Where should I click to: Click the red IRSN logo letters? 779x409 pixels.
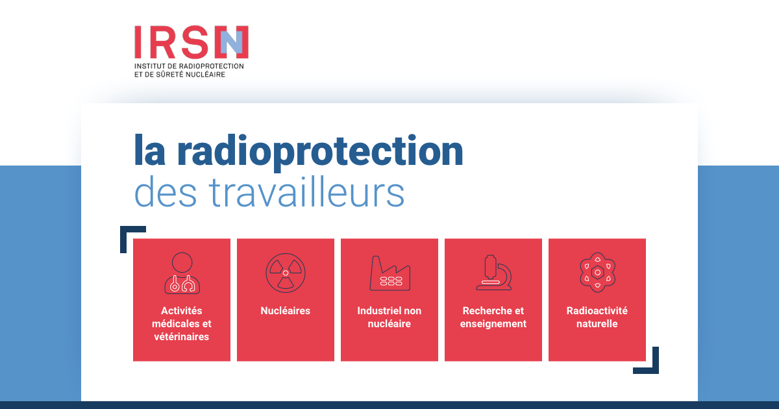175,42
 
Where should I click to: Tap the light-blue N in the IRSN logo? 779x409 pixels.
232,42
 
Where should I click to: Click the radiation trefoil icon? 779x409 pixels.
285,272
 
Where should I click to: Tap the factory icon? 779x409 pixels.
389,273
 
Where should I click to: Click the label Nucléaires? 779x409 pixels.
285,311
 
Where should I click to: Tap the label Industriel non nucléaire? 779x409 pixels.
389,317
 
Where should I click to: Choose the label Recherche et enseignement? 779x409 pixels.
493,317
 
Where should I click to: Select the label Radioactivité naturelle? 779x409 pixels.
597,317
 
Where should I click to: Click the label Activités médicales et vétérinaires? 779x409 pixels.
182,324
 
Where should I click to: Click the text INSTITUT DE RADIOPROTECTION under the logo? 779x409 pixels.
189,66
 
